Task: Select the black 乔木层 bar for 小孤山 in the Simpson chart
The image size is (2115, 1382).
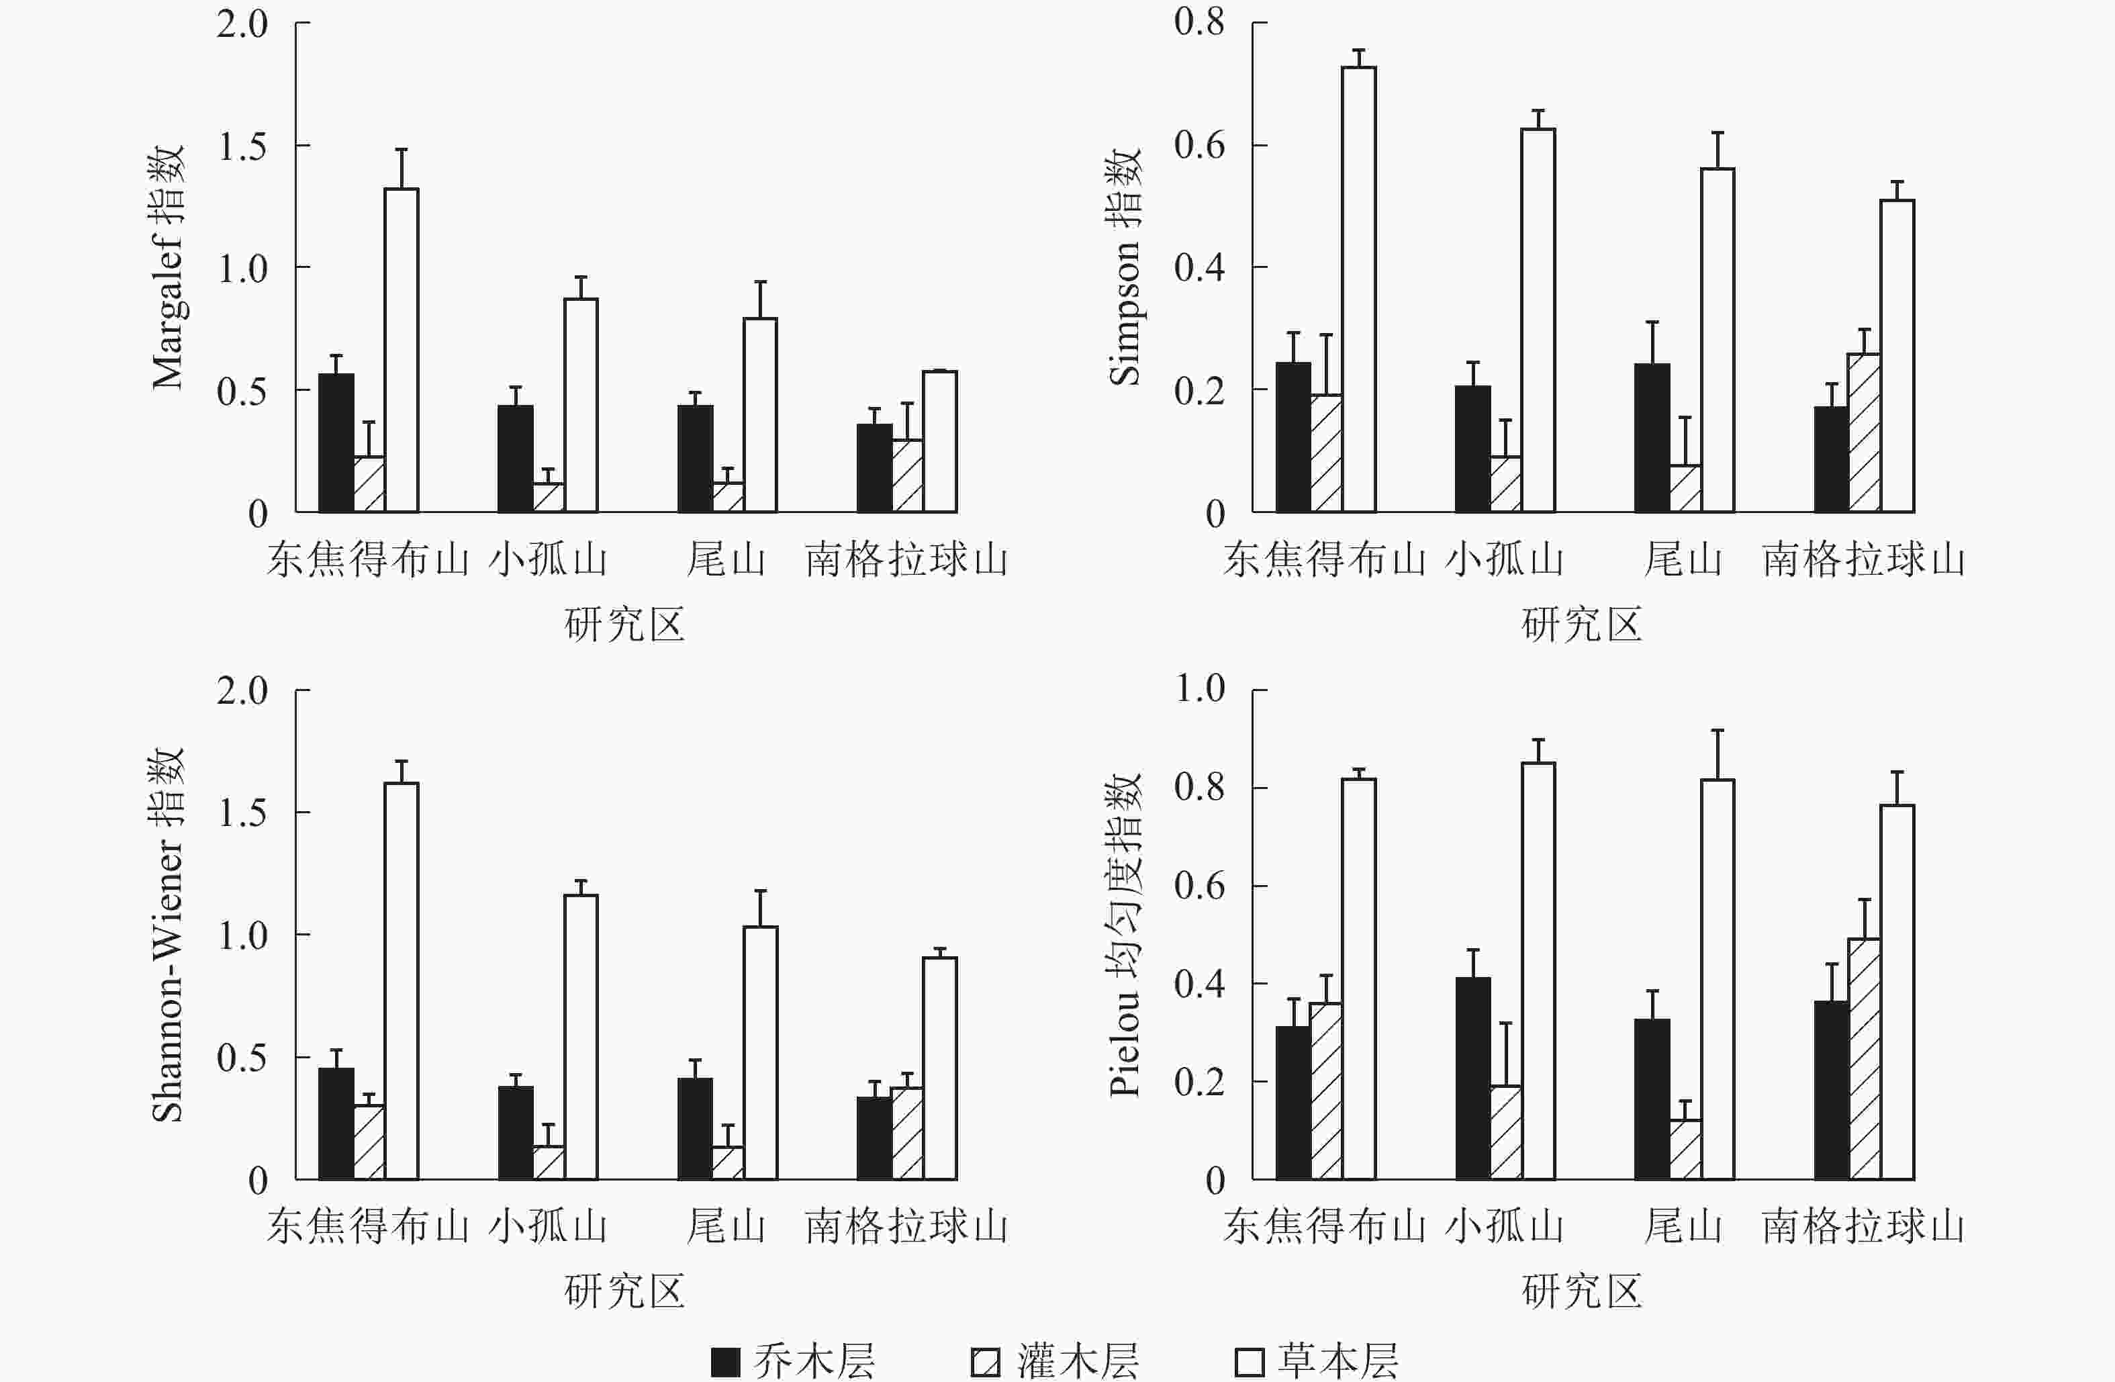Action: (x=1472, y=449)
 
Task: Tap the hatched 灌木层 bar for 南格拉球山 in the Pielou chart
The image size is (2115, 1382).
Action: (x=1865, y=1058)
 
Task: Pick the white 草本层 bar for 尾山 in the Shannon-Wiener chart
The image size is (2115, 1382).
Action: (x=760, y=1052)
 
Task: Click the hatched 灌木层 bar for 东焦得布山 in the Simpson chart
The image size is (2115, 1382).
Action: (x=1326, y=453)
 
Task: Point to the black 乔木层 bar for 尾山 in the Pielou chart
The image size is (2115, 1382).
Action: (x=1652, y=1099)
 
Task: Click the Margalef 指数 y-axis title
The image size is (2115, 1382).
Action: (x=168, y=267)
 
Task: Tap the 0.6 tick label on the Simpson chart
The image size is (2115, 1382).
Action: (x=1198, y=145)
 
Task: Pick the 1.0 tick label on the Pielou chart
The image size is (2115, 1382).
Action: (x=1200, y=689)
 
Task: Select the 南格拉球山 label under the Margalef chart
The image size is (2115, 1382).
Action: (x=906, y=560)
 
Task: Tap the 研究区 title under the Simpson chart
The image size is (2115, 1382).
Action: (x=1582, y=625)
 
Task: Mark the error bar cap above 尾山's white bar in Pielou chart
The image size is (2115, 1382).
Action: (x=1718, y=731)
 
